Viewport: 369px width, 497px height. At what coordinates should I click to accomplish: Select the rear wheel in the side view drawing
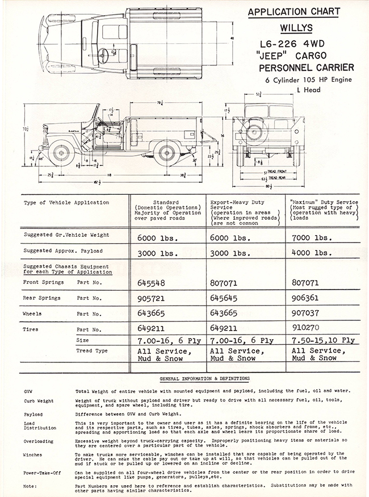163,153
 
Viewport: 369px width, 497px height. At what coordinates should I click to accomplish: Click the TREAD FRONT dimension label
276,170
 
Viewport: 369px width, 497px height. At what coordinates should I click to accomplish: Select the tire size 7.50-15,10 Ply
323,341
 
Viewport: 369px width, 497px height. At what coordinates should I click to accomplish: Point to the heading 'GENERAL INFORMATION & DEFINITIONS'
205,378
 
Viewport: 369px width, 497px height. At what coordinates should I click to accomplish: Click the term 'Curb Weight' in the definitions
39,401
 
